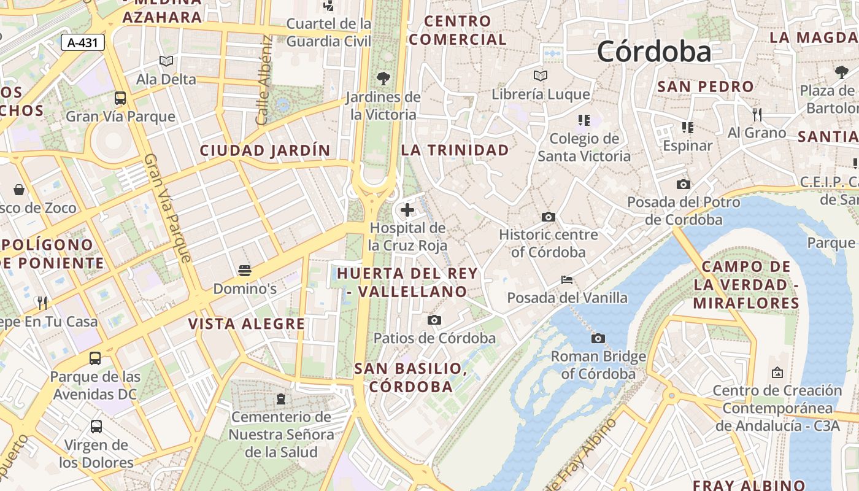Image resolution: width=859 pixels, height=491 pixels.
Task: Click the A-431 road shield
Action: (83, 42)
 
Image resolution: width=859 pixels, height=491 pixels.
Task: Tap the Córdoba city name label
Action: (654, 51)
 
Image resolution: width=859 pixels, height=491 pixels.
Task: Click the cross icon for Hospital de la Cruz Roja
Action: (407, 210)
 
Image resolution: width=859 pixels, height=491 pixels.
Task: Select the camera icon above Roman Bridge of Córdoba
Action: (598, 338)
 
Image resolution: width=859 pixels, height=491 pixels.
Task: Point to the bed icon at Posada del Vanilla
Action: (567, 280)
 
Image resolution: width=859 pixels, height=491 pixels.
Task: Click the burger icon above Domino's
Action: (244, 271)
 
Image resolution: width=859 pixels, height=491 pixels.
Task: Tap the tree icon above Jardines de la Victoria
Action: (383, 78)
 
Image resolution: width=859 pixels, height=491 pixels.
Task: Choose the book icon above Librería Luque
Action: (541, 75)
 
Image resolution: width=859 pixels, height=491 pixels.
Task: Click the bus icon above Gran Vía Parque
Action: (120, 98)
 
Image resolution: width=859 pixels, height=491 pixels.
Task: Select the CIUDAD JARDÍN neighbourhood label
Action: (264, 150)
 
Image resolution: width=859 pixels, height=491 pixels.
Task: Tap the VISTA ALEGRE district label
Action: (246, 324)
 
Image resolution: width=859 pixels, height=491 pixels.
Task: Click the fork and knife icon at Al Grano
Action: (757, 114)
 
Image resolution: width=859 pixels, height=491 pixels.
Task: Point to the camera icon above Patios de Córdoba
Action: (434, 320)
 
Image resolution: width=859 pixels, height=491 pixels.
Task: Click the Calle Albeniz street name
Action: (264, 80)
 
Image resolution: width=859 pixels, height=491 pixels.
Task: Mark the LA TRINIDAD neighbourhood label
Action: (455, 150)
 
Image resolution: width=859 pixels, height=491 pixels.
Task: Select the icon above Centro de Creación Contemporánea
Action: (777, 373)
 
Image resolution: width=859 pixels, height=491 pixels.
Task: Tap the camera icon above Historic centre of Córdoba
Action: (549, 217)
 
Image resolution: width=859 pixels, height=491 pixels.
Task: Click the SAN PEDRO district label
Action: (705, 87)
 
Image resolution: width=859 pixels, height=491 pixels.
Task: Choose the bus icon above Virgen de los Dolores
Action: (96, 426)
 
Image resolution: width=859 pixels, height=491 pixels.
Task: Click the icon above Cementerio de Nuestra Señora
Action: (281, 399)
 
